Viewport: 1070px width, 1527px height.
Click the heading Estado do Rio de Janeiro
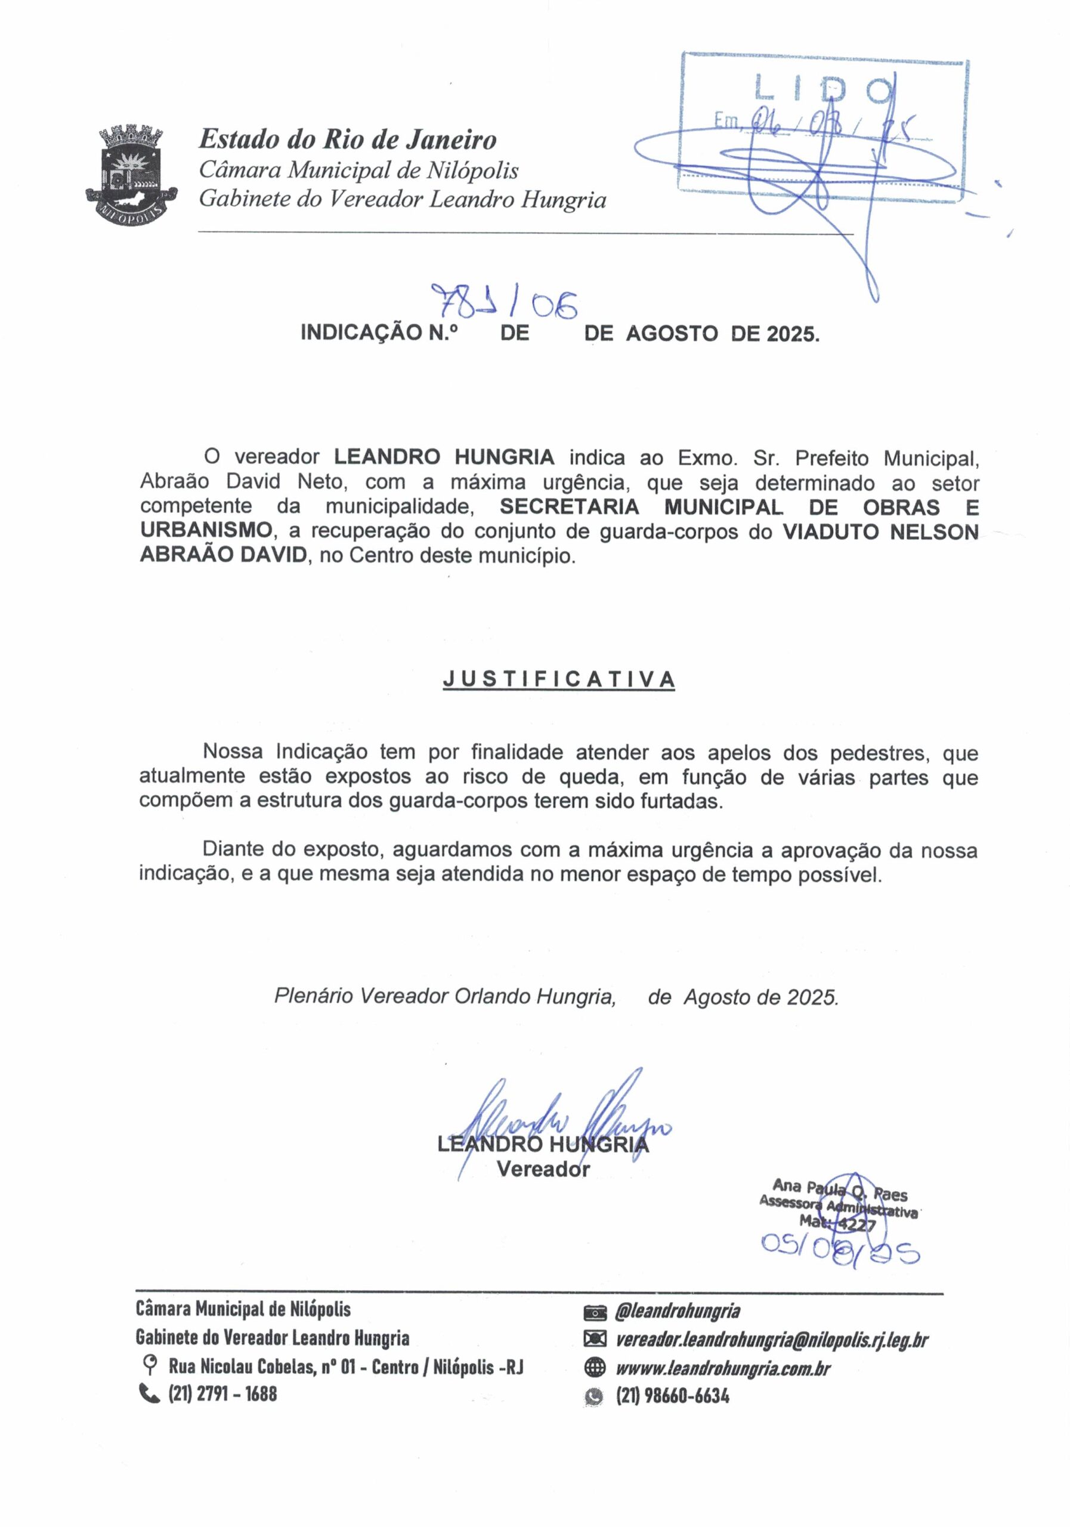pyautogui.click(x=347, y=140)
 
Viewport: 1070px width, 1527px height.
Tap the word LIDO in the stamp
pyautogui.click(x=823, y=90)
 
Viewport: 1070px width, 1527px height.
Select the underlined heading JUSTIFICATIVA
pyautogui.click(x=559, y=679)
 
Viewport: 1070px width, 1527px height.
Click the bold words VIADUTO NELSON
pyautogui.click(x=879, y=531)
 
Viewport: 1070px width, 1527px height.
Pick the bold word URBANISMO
pyautogui.click(x=206, y=531)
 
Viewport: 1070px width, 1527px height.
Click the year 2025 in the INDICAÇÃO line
pyautogui.click(x=791, y=333)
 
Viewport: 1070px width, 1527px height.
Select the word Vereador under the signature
pyautogui.click(x=543, y=1169)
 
